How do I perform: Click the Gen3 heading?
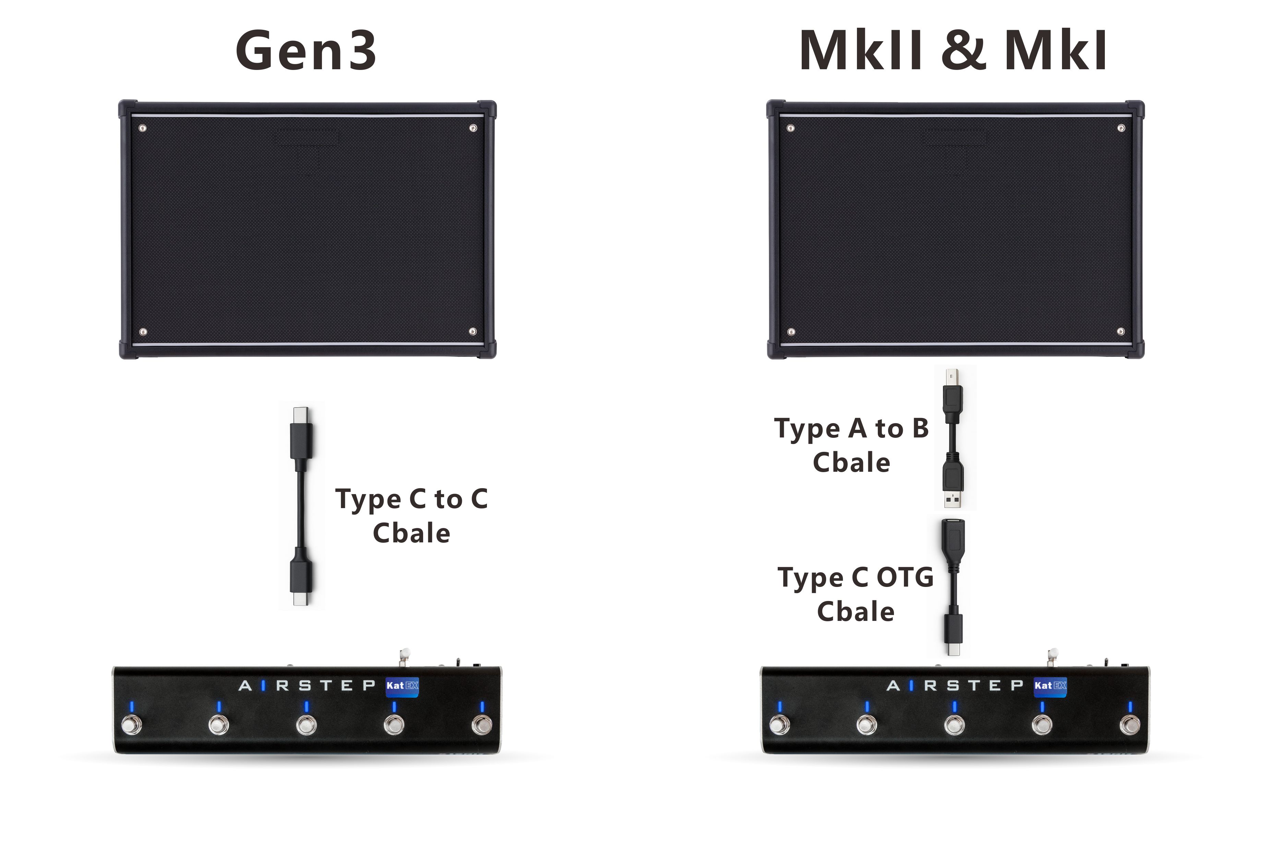(x=306, y=51)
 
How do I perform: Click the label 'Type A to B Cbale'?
(x=851, y=445)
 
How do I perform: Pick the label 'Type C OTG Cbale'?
(x=856, y=594)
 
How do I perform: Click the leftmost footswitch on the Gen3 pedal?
(x=131, y=725)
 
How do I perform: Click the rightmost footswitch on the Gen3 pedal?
(x=482, y=725)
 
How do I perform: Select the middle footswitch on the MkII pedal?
(x=954, y=725)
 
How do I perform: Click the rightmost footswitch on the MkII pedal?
(x=1130, y=725)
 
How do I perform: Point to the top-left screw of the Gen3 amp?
(x=143, y=128)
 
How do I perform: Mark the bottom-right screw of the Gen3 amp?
(x=473, y=332)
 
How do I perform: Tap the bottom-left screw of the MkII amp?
(x=791, y=332)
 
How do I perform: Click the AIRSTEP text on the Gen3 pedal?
(x=307, y=685)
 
